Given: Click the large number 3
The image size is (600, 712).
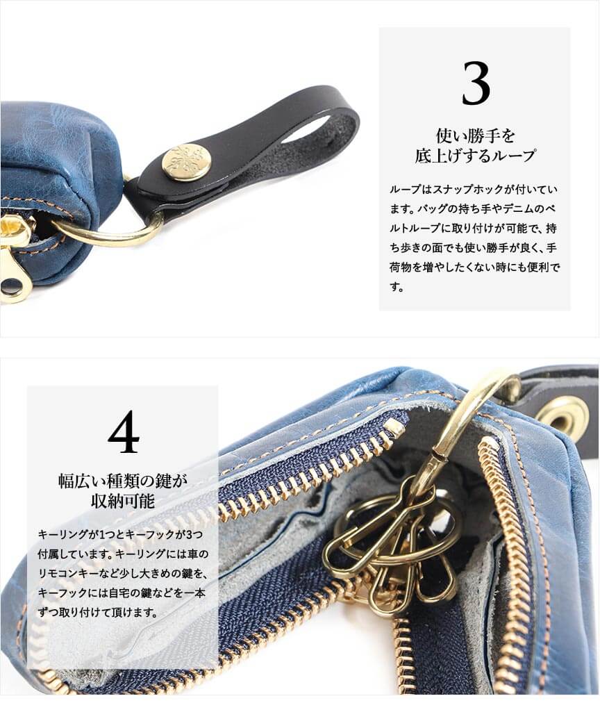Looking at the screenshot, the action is [476, 83].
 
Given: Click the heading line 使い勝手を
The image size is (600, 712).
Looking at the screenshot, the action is [476, 135].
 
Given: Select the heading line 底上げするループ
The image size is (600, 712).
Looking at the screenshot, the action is [476, 156].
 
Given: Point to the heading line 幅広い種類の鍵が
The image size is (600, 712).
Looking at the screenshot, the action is [123, 480].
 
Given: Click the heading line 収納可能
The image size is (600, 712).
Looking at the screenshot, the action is [123, 501].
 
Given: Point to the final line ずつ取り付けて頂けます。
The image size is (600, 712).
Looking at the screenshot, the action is [98, 612].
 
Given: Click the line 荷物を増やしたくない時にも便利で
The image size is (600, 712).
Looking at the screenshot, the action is [474, 267].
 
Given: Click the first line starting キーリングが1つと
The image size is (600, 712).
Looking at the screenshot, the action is [120, 534].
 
